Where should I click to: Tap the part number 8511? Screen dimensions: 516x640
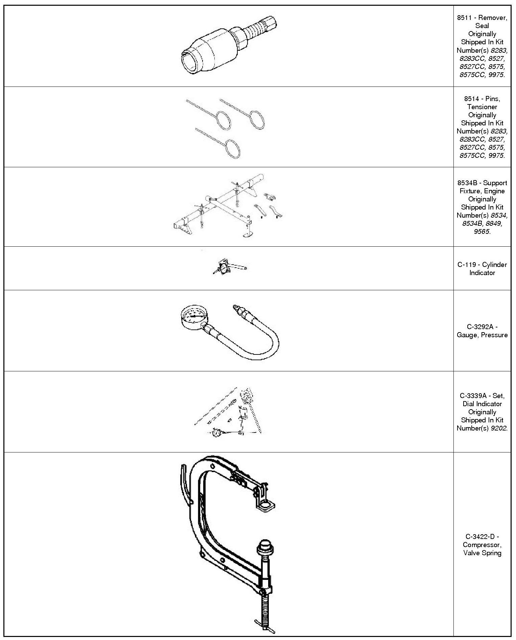(464, 18)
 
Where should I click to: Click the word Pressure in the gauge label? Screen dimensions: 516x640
(495, 335)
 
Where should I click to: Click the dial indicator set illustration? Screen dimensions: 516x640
(228, 412)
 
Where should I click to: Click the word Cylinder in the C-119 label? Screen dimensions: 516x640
(495, 265)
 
